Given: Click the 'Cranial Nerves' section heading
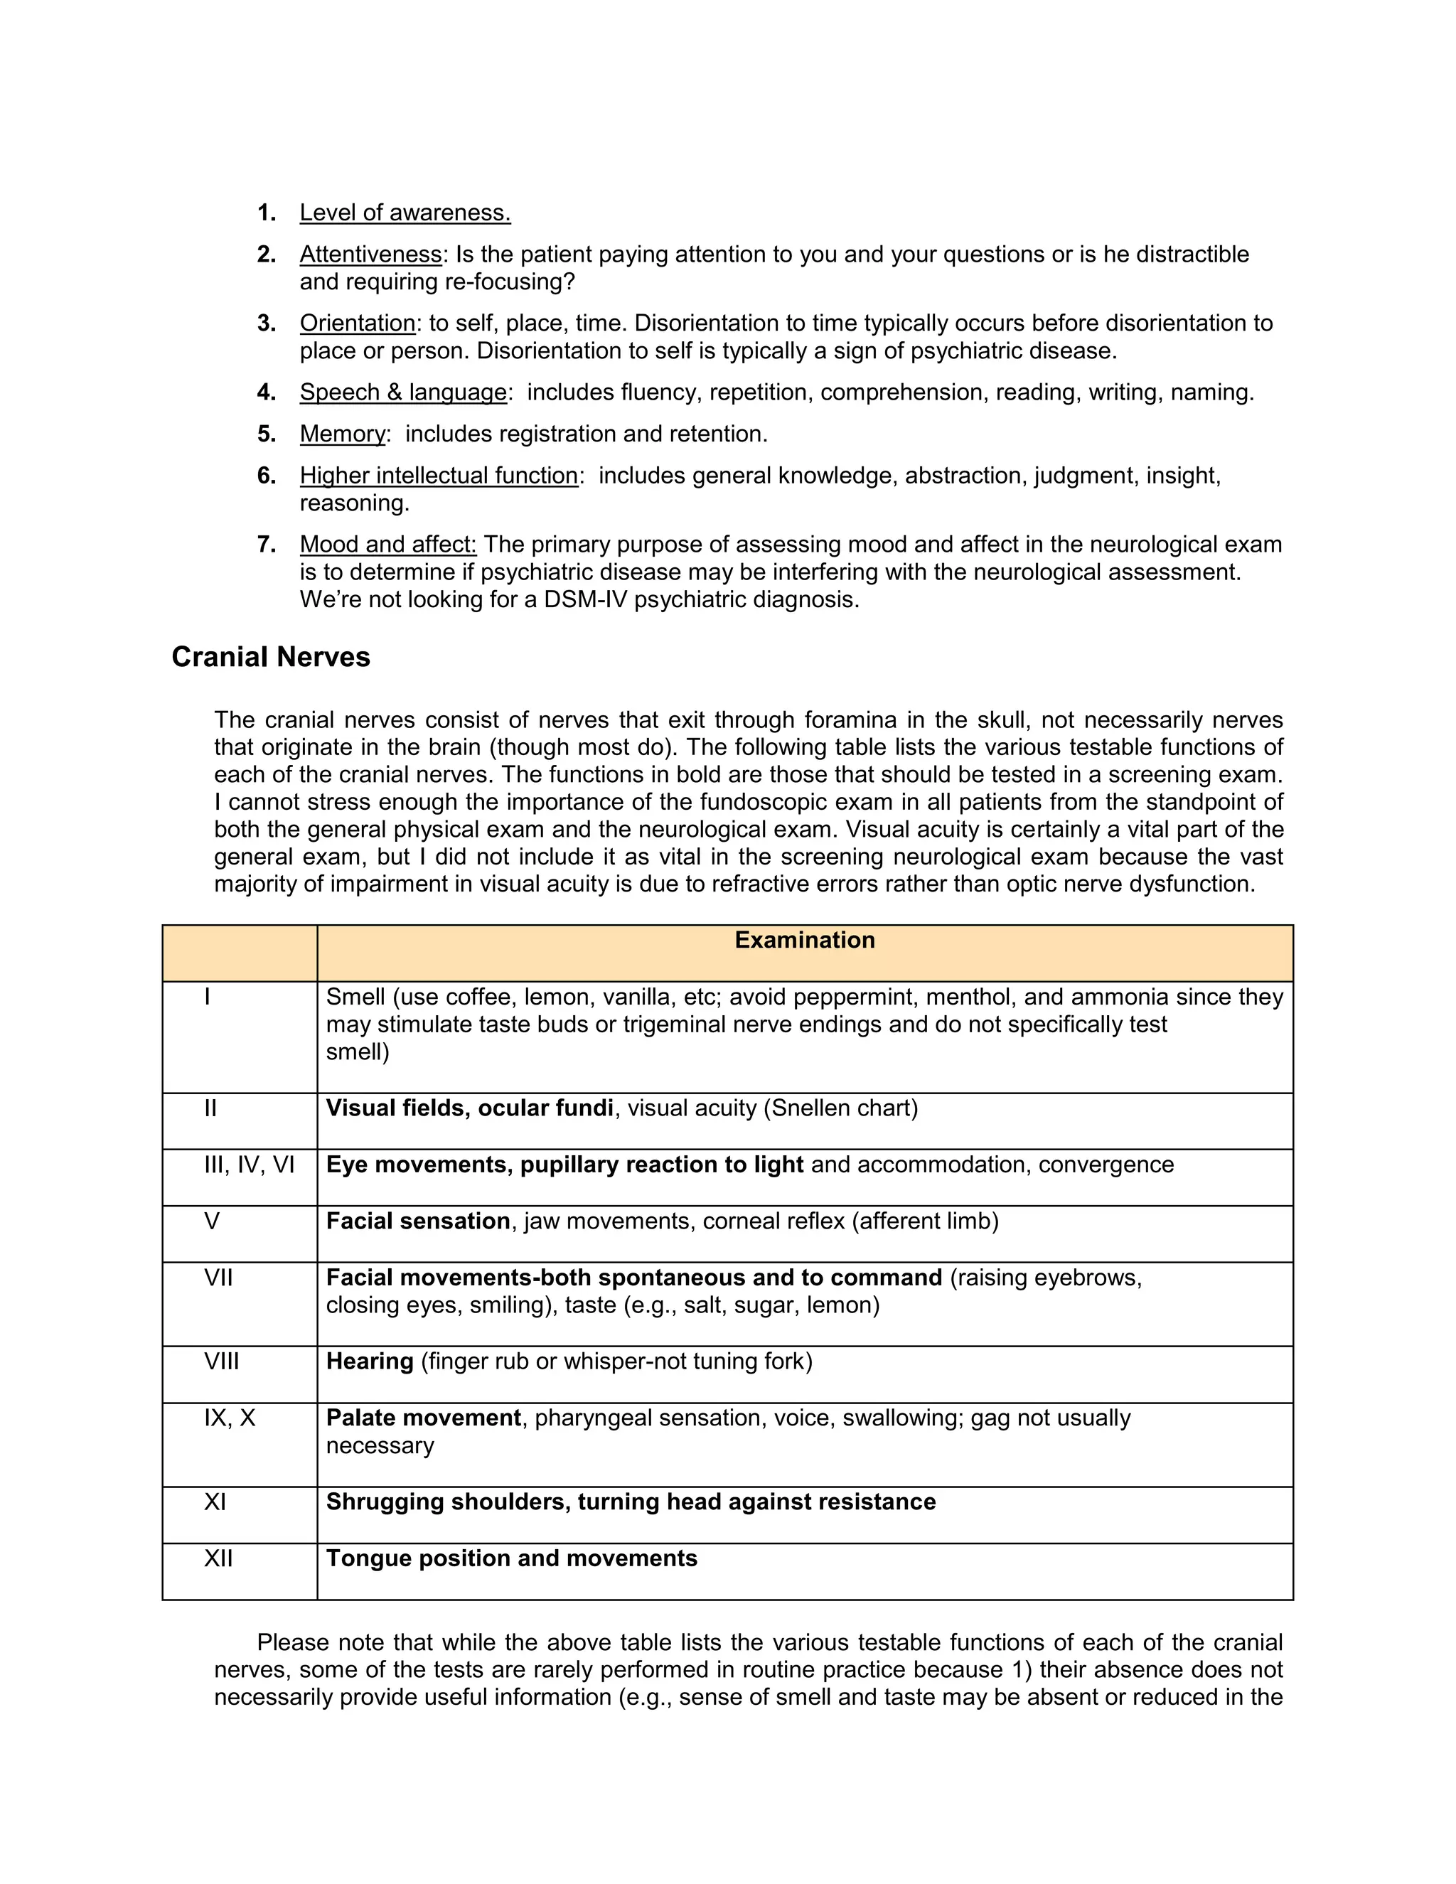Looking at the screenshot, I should [x=270, y=658].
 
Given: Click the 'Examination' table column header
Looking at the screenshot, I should [x=804, y=941].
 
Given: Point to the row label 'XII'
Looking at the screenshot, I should [x=218, y=1559].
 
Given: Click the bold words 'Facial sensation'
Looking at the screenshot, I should [x=417, y=1221].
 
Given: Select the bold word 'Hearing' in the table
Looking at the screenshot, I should [x=369, y=1362].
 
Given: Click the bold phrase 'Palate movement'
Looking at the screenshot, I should [x=423, y=1418].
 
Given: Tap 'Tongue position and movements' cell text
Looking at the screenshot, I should [x=510, y=1559].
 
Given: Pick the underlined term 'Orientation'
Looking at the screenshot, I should [x=357, y=323].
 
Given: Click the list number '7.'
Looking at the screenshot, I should [x=267, y=545].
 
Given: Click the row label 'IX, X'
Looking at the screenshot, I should [x=230, y=1418].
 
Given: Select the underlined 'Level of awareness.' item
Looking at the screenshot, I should [x=405, y=213].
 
